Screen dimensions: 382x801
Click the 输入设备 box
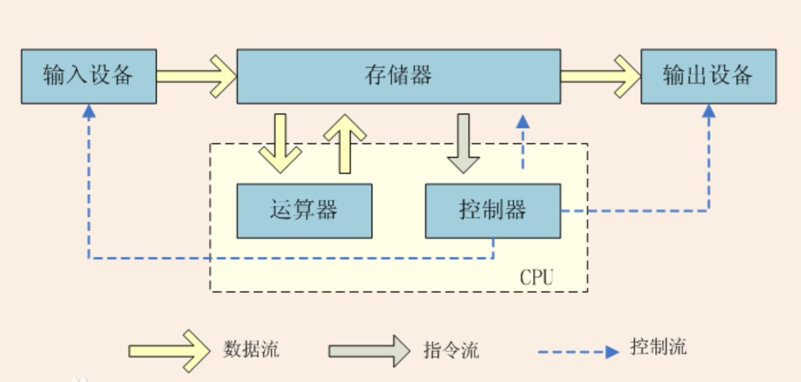coord(88,76)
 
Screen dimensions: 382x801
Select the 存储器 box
coord(398,76)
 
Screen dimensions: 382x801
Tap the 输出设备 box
coord(708,76)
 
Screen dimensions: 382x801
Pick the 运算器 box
coord(304,211)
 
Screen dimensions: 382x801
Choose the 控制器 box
coord(492,211)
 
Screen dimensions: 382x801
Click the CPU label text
coord(536,278)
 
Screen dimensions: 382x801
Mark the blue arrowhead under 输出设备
coord(709,111)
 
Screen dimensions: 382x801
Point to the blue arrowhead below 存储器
coord(523,121)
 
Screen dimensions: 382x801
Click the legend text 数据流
coord(251,348)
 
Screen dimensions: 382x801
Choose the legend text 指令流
coord(451,348)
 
